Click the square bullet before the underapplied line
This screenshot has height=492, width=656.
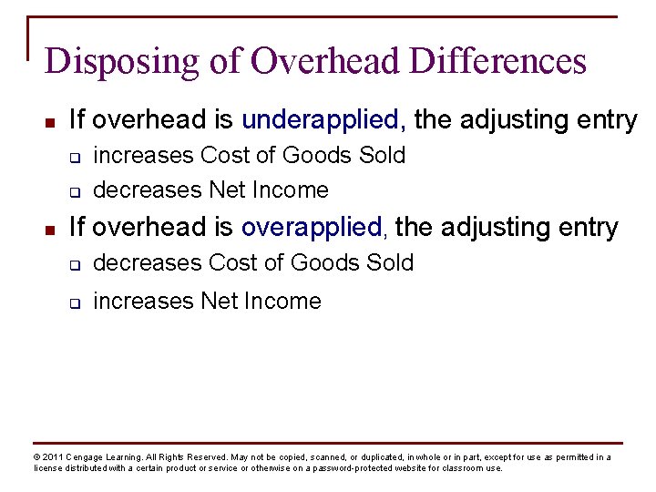(52, 121)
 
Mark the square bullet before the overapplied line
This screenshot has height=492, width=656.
(52, 228)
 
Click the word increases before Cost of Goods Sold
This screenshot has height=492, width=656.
(144, 156)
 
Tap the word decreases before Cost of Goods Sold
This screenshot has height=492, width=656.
(148, 263)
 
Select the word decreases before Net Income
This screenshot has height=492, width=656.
(148, 190)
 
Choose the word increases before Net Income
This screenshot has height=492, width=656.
(144, 302)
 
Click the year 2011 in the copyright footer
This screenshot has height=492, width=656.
(52, 457)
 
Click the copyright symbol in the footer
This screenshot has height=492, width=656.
(36, 457)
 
